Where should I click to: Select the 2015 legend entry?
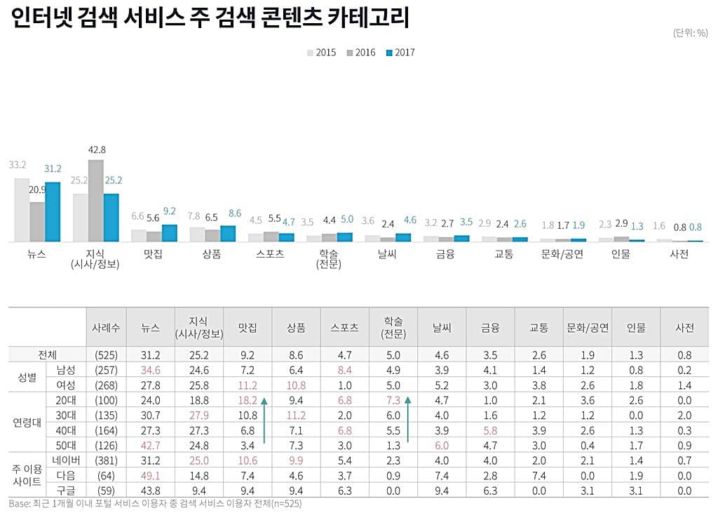tap(322, 53)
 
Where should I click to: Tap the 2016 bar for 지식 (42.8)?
tap(96, 201)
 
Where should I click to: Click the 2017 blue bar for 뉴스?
tap(53, 212)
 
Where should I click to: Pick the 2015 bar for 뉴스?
tap(22, 210)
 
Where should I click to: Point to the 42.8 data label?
tap(97, 150)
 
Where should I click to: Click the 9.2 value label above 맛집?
tap(169, 211)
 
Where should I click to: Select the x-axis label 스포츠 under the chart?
tap(271, 254)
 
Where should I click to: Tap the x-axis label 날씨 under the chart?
tap(387, 254)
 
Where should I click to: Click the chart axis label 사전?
tap(679, 254)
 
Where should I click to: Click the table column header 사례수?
tap(107, 327)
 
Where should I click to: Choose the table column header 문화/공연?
tap(588, 327)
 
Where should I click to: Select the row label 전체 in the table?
tap(48, 355)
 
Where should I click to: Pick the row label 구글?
tap(66, 491)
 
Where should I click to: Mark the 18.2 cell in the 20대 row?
tap(248, 400)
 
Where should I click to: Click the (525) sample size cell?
tap(107, 355)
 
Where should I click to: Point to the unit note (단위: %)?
tap(690, 33)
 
